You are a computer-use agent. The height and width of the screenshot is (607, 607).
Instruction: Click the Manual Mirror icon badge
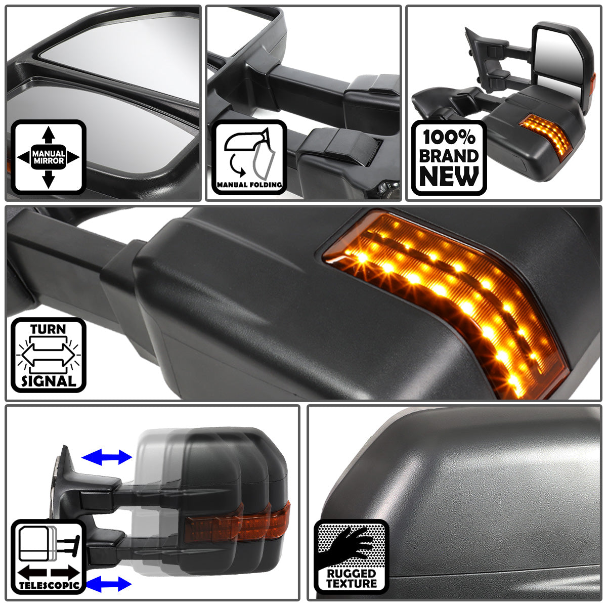click(x=48, y=157)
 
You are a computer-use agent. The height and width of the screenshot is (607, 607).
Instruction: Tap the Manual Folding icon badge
click(x=249, y=157)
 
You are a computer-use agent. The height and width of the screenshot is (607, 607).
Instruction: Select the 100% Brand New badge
click(x=449, y=157)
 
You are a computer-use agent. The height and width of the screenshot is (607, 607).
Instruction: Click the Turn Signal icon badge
click(x=48, y=355)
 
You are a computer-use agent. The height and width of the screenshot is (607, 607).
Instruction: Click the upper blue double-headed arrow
click(x=107, y=458)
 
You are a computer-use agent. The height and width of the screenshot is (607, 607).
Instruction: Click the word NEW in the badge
click(x=449, y=177)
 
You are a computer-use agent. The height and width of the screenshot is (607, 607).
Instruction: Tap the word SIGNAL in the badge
click(x=48, y=381)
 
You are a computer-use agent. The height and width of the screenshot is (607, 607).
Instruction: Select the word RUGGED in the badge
click(x=352, y=573)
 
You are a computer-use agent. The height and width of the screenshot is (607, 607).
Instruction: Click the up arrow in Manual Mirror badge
click(x=48, y=135)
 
